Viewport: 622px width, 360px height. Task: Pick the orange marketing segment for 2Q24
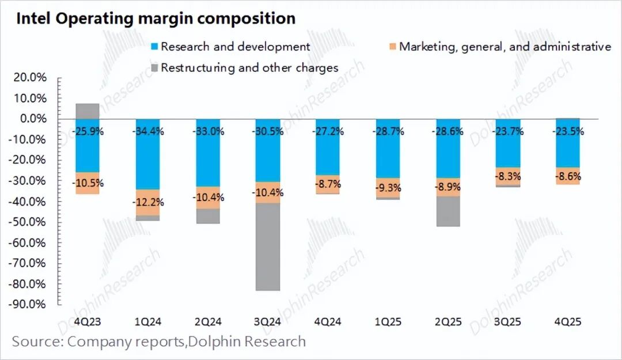(207, 198)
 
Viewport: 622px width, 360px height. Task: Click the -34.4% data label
(147, 131)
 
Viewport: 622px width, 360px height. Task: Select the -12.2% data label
(147, 202)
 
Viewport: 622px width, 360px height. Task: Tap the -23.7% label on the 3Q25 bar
(507, 131)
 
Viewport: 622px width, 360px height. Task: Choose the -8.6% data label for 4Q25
(567, 177)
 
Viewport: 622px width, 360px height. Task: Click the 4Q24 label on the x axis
(327, 321)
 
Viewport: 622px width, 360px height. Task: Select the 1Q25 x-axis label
(387, 321)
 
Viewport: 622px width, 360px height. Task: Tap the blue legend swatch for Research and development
(154, 47)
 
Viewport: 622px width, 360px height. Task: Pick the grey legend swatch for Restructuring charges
(154, 68)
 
